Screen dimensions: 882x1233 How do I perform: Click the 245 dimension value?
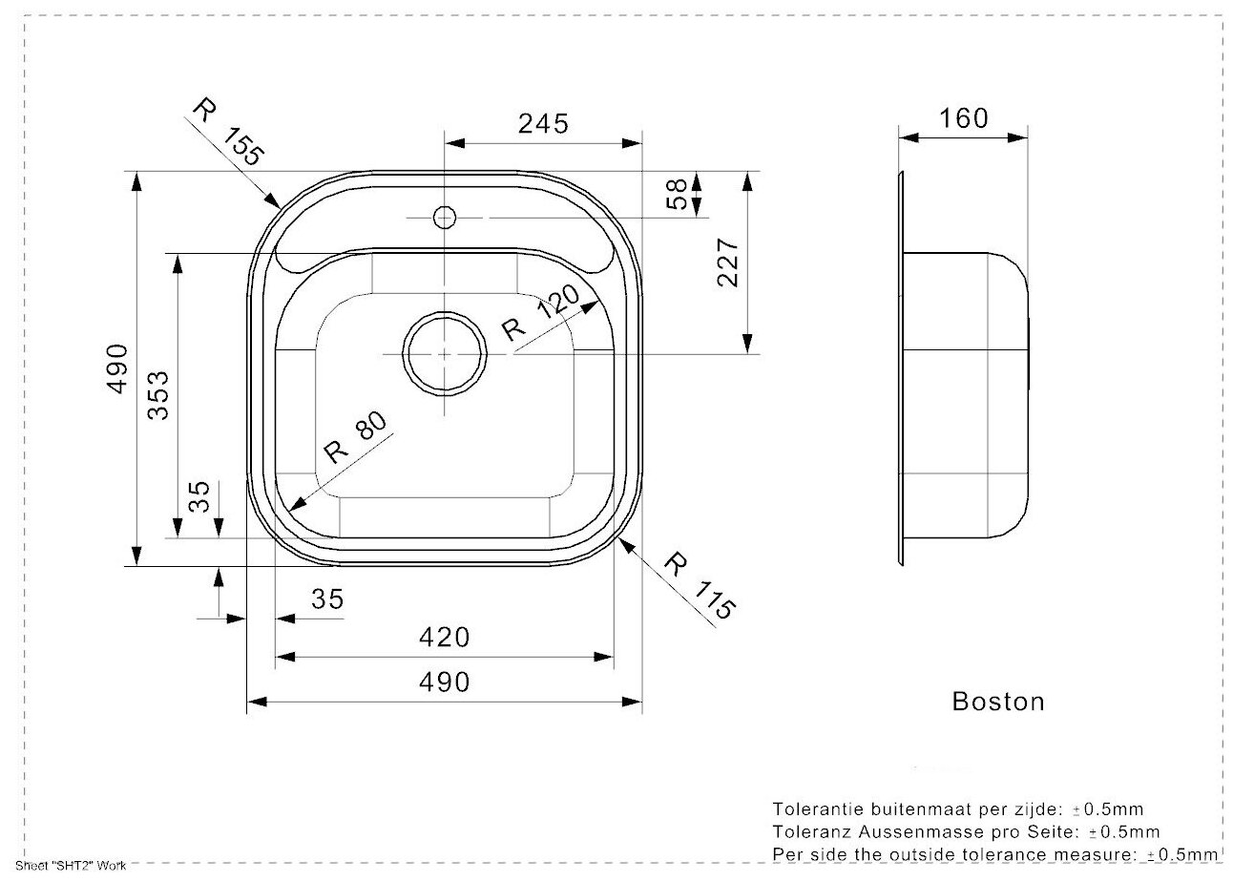point(543,123)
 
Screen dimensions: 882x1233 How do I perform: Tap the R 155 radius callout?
point(227,133)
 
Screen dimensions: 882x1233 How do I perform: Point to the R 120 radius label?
point(540,315)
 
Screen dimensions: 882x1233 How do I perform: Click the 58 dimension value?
point(676,194)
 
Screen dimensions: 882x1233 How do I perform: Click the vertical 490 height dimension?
point(116,368)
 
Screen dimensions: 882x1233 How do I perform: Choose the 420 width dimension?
point(444,636)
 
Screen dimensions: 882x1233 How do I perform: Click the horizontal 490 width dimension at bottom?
point(444,682)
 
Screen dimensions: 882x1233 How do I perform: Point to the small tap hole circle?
point(444,218)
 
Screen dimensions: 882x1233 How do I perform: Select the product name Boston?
point(998,702)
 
